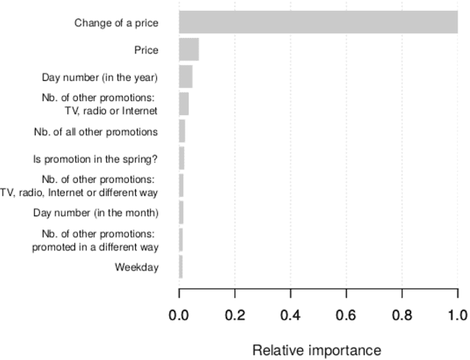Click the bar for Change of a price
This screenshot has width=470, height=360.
tap(318, 22)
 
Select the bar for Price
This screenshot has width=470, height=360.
tap(189, 49)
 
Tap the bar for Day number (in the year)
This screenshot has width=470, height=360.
tap(186, 76)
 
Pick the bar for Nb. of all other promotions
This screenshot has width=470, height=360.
tap(182, 131)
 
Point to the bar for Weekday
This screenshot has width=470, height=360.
tap(181, 267)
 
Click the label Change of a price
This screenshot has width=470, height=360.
tap(116, 22)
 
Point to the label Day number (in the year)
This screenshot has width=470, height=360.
tap(100, 76)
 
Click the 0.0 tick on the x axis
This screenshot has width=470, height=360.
tap(179, 314)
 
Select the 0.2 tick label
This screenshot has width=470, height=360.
tap(235, 314)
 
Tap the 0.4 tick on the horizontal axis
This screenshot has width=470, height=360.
tap(291, 314)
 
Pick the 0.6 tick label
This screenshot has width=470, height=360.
tap(346, 314)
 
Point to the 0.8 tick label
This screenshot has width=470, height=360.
tap(402, 314)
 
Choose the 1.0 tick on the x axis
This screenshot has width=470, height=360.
tap(458, 314)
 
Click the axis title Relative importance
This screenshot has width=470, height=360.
tap(318, 349)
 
